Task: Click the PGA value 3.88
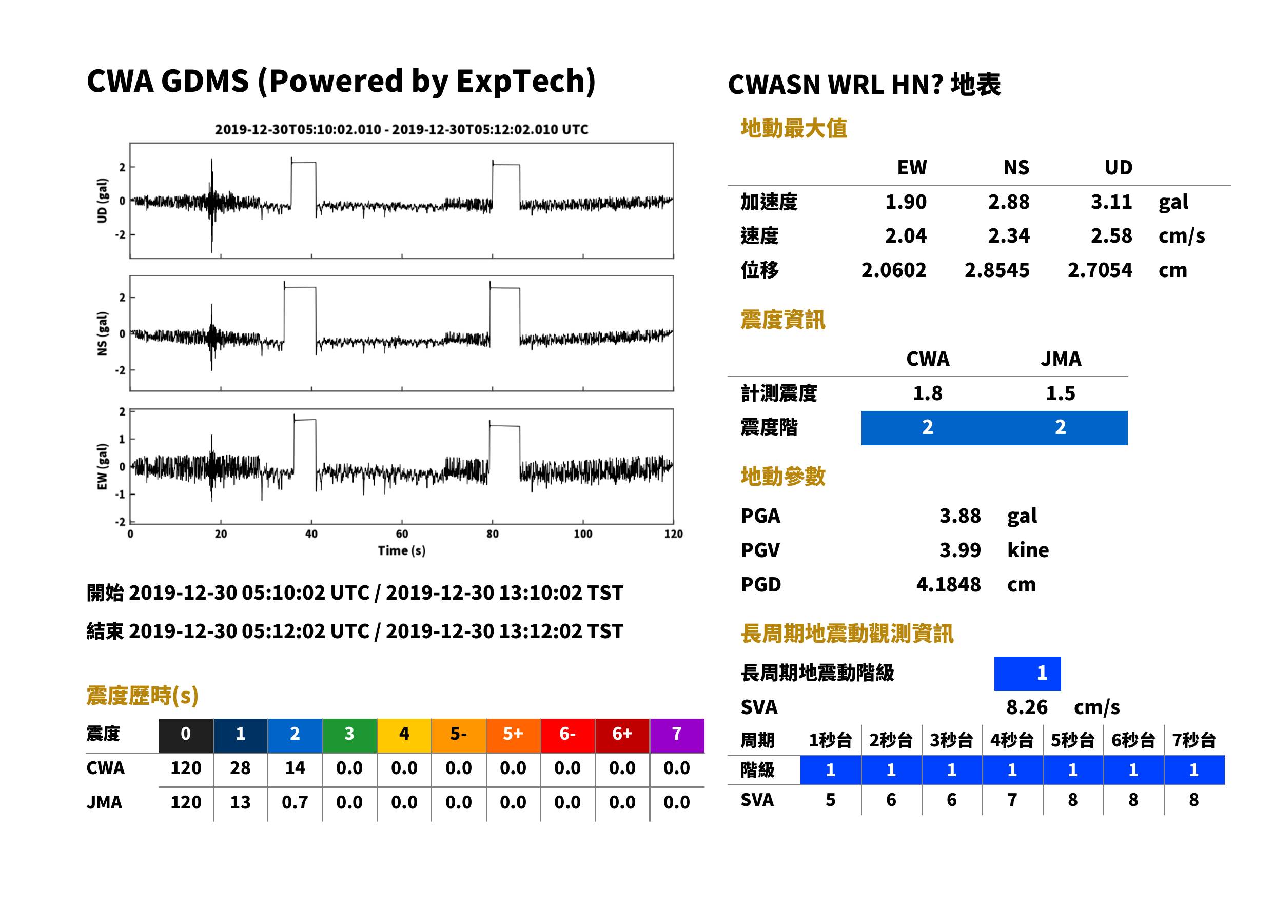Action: coord(959,516)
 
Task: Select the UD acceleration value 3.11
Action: coord(1111,202)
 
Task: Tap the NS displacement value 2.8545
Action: coord(996,270)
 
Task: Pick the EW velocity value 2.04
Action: coord(905,235)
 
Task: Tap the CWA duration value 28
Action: coord(240,768)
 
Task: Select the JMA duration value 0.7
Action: coord(295,802)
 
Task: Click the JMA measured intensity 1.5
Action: coord(1060,393)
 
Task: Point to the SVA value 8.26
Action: coord(1027,707)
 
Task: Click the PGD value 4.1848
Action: coord(948,584)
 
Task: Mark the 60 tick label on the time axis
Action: coord(402,533)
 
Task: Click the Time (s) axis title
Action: coord(401,551)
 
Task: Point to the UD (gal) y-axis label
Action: coord(102,201)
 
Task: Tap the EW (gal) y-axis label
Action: coord(102,467)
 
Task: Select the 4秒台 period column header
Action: coord(1011,740)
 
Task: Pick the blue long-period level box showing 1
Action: coord(1027,674)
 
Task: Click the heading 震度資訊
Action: coord(782,320)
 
